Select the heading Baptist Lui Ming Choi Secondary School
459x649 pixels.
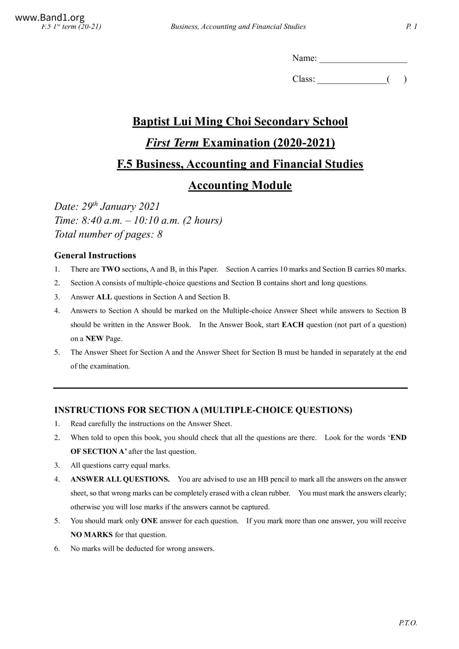tap(240, 122)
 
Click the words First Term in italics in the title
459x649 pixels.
tap(172, 143)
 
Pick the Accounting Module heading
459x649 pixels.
tap(240, 185)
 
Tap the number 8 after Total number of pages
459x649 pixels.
tap(160, 235)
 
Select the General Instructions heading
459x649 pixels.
tap(95, 255)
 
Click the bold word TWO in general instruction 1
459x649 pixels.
tap(111, 269)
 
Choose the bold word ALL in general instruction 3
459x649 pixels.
tap(104, 297)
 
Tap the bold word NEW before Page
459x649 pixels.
tap(94, 339)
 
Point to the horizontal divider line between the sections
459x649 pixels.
tap(230, 388)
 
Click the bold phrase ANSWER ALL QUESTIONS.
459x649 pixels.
tap(120, 480)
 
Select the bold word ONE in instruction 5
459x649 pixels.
tap(149, 521)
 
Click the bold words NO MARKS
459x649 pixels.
tap(92, 535)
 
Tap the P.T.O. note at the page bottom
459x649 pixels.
tap(408, 623)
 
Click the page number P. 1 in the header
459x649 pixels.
tap(411, 27)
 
